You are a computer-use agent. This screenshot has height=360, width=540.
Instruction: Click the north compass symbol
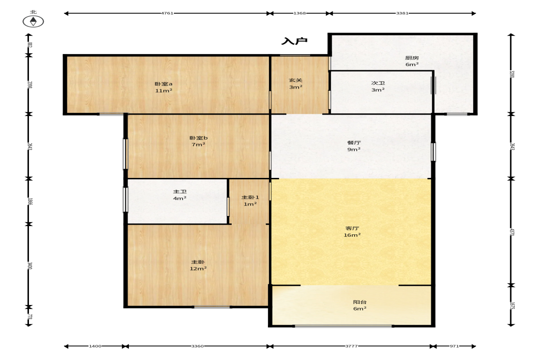(33, 22)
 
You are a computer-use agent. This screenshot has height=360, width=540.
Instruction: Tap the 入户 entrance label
(294, 41)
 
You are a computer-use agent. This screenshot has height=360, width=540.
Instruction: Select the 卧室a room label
(163, 83)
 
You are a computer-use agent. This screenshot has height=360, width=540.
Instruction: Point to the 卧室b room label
(198, 138)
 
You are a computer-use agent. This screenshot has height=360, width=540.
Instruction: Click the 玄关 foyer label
(295, 80)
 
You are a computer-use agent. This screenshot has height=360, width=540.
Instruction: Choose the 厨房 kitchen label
(412, 58)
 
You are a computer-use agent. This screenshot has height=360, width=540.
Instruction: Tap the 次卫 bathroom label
(378, 83)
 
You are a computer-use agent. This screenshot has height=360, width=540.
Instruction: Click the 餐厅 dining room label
(354, 143)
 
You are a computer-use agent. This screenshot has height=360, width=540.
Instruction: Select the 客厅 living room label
(352, 228)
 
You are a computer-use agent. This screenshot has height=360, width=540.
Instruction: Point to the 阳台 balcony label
(360, 302)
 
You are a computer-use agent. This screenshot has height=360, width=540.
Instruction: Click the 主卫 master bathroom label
(180, 192)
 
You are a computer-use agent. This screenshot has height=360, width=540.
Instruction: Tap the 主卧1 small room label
(250, 197)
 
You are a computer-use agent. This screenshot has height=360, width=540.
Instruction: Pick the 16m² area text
(352, 235)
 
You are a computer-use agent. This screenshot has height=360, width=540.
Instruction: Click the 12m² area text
(198, 268)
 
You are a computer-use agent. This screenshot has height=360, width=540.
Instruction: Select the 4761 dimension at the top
(167, 13)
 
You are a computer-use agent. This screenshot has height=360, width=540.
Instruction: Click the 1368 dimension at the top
(300, 13)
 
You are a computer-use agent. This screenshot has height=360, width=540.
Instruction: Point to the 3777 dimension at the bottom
(351, 346)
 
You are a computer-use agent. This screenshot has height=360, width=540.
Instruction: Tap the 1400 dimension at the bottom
(95, 346)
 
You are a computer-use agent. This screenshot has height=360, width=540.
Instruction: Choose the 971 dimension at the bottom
(454, 346)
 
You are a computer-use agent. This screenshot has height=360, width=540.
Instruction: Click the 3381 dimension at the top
(402, 13)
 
